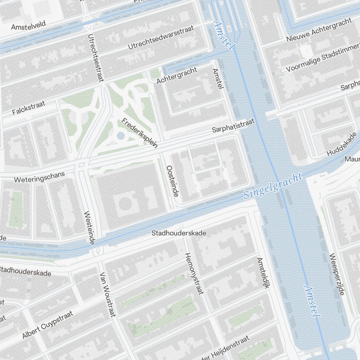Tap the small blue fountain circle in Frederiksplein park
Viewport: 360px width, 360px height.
[121, 136]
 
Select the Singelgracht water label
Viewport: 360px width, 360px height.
[273, 186]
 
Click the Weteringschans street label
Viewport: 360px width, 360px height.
[39, 177]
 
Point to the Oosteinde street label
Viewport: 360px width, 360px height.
[173, 181]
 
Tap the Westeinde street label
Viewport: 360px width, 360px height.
[89, 228]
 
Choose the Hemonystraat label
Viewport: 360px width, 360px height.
[194, 273]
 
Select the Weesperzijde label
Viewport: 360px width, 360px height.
[337, 274]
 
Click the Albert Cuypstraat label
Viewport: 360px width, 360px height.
[47, 325]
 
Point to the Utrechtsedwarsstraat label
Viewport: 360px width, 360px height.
[161, 37]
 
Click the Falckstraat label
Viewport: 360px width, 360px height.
[28, 108]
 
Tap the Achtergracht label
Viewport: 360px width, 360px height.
[177, 75]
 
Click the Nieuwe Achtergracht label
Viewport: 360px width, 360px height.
[319, 30]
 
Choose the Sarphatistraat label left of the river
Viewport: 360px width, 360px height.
[233, 125]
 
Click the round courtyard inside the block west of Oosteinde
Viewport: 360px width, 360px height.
[125, 204]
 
